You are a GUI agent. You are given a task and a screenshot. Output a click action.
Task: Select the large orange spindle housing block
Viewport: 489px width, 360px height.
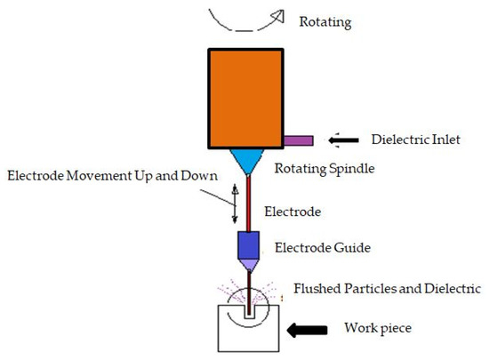point(244,98)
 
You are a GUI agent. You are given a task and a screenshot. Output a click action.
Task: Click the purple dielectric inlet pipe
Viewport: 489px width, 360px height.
point(299,140)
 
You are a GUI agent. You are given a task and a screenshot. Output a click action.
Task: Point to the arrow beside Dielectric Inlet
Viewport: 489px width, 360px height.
point(342,140)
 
